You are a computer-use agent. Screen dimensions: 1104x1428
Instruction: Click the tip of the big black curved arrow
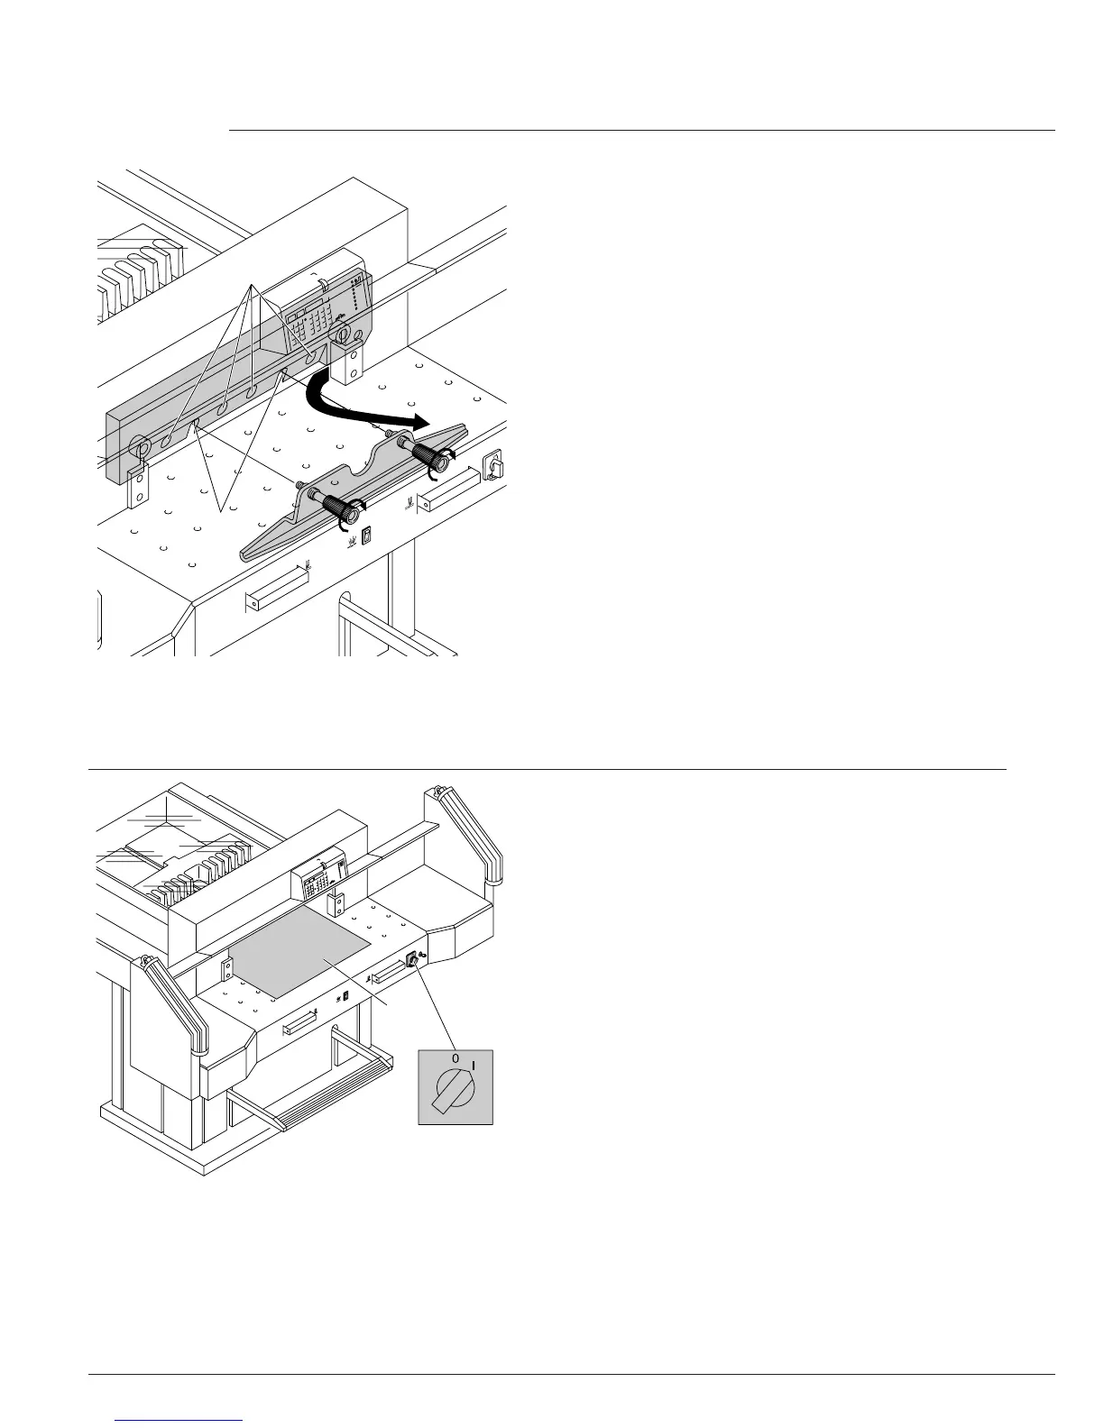click(424, 422)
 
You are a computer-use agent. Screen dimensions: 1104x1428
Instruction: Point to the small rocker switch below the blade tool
click(366, 537)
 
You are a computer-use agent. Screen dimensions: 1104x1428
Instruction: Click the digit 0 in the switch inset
click(455, 1058)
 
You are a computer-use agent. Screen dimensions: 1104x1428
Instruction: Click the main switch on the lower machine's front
click(413, 961)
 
